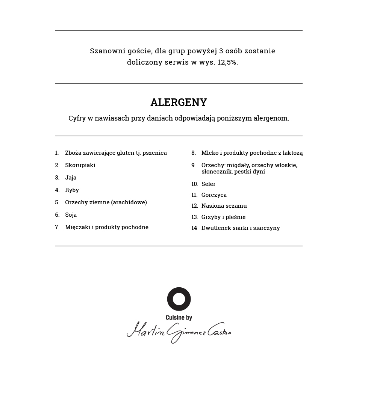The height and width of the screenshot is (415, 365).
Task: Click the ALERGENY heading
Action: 179,103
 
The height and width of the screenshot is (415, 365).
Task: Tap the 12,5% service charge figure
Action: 227,62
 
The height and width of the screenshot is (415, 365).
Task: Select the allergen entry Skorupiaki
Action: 80,165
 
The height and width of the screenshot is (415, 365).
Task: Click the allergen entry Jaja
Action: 71,178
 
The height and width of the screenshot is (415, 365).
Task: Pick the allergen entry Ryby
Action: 72,190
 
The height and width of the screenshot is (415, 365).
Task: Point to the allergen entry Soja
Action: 71,215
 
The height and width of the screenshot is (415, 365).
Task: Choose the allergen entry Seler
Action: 208,184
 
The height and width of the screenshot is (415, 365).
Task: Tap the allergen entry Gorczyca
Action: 214,195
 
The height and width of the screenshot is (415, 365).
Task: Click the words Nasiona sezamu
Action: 224,206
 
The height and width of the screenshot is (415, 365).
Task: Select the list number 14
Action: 194,228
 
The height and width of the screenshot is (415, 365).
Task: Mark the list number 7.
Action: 57,227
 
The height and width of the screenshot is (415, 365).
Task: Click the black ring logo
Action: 179,299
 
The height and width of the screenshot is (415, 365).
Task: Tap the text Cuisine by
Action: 179,318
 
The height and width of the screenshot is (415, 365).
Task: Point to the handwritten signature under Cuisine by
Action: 179,332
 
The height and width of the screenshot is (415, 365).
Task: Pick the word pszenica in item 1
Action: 154,153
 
